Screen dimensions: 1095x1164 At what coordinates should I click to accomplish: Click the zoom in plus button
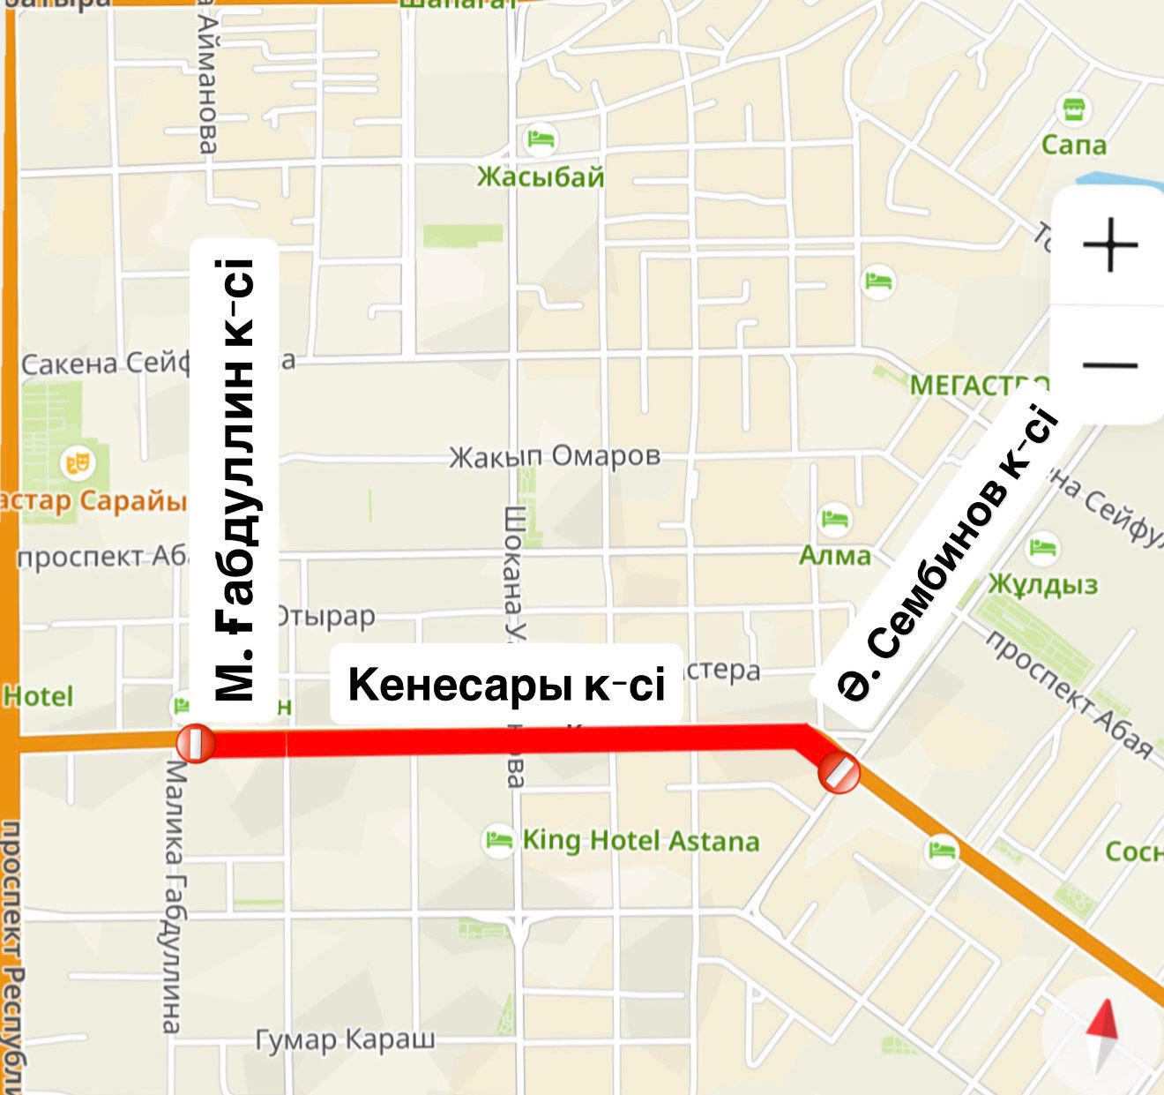[1109, 244]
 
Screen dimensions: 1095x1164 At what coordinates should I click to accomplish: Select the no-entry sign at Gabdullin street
[195, 743]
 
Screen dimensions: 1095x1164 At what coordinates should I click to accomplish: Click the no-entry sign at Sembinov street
[839, 774]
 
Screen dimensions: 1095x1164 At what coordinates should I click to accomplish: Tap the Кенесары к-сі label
[506, 685]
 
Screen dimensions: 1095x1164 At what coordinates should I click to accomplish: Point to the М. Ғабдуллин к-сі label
[234, 481]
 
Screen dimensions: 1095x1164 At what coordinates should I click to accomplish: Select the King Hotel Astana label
[640, 841]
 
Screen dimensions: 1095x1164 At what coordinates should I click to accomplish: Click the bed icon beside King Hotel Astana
[499, 839]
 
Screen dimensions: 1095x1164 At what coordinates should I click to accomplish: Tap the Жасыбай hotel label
[541, 177]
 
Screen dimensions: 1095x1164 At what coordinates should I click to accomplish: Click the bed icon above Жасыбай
[541, 139]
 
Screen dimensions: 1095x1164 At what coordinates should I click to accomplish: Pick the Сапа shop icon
[1073, 110]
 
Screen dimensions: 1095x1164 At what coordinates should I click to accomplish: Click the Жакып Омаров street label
[555, 456]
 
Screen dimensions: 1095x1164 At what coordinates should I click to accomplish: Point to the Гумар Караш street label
[345, 1039]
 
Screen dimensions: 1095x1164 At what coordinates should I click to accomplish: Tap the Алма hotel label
[834, 556]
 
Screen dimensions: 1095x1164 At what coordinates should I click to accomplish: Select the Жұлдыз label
[1042, 584]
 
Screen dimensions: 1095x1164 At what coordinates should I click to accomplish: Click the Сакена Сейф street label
[104, 364]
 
